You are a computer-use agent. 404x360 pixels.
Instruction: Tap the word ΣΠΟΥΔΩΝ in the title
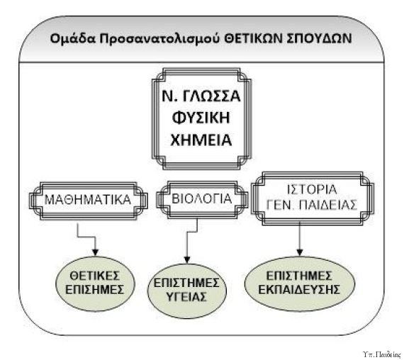coord(319,39)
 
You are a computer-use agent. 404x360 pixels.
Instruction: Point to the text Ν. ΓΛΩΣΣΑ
coord(201,96)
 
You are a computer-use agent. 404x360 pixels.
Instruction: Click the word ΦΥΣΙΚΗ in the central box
coord(201,118)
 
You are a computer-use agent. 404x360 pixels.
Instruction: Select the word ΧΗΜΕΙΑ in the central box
coord(201,140)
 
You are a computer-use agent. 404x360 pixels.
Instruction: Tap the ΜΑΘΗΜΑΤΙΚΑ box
coord(88,201)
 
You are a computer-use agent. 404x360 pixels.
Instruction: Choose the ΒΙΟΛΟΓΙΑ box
coord(202,200)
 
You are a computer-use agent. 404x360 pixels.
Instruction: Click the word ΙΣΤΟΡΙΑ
coord(312,189)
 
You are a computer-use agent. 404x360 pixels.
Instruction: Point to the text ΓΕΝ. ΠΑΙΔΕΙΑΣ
coord(312,206)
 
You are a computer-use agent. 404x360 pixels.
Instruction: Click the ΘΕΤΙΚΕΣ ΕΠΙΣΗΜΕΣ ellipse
coord(96,283)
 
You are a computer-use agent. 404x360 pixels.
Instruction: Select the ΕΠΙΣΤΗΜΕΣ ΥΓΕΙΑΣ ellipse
coord(187,291)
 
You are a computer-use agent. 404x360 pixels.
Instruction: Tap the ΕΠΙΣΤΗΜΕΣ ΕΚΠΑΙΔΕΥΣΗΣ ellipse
coord(299,283)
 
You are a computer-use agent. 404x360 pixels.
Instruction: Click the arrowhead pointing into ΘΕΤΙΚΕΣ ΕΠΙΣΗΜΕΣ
coord(96,252)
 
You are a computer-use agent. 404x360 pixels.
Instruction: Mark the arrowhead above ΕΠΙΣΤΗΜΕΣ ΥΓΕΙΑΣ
coord(188,260)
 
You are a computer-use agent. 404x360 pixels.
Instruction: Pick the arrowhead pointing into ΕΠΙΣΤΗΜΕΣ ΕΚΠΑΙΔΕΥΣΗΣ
coord(299,252)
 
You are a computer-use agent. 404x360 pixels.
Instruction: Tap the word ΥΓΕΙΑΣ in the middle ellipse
coord(187,298)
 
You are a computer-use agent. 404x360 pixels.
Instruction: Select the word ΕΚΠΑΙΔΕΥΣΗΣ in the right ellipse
coord(299,290)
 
